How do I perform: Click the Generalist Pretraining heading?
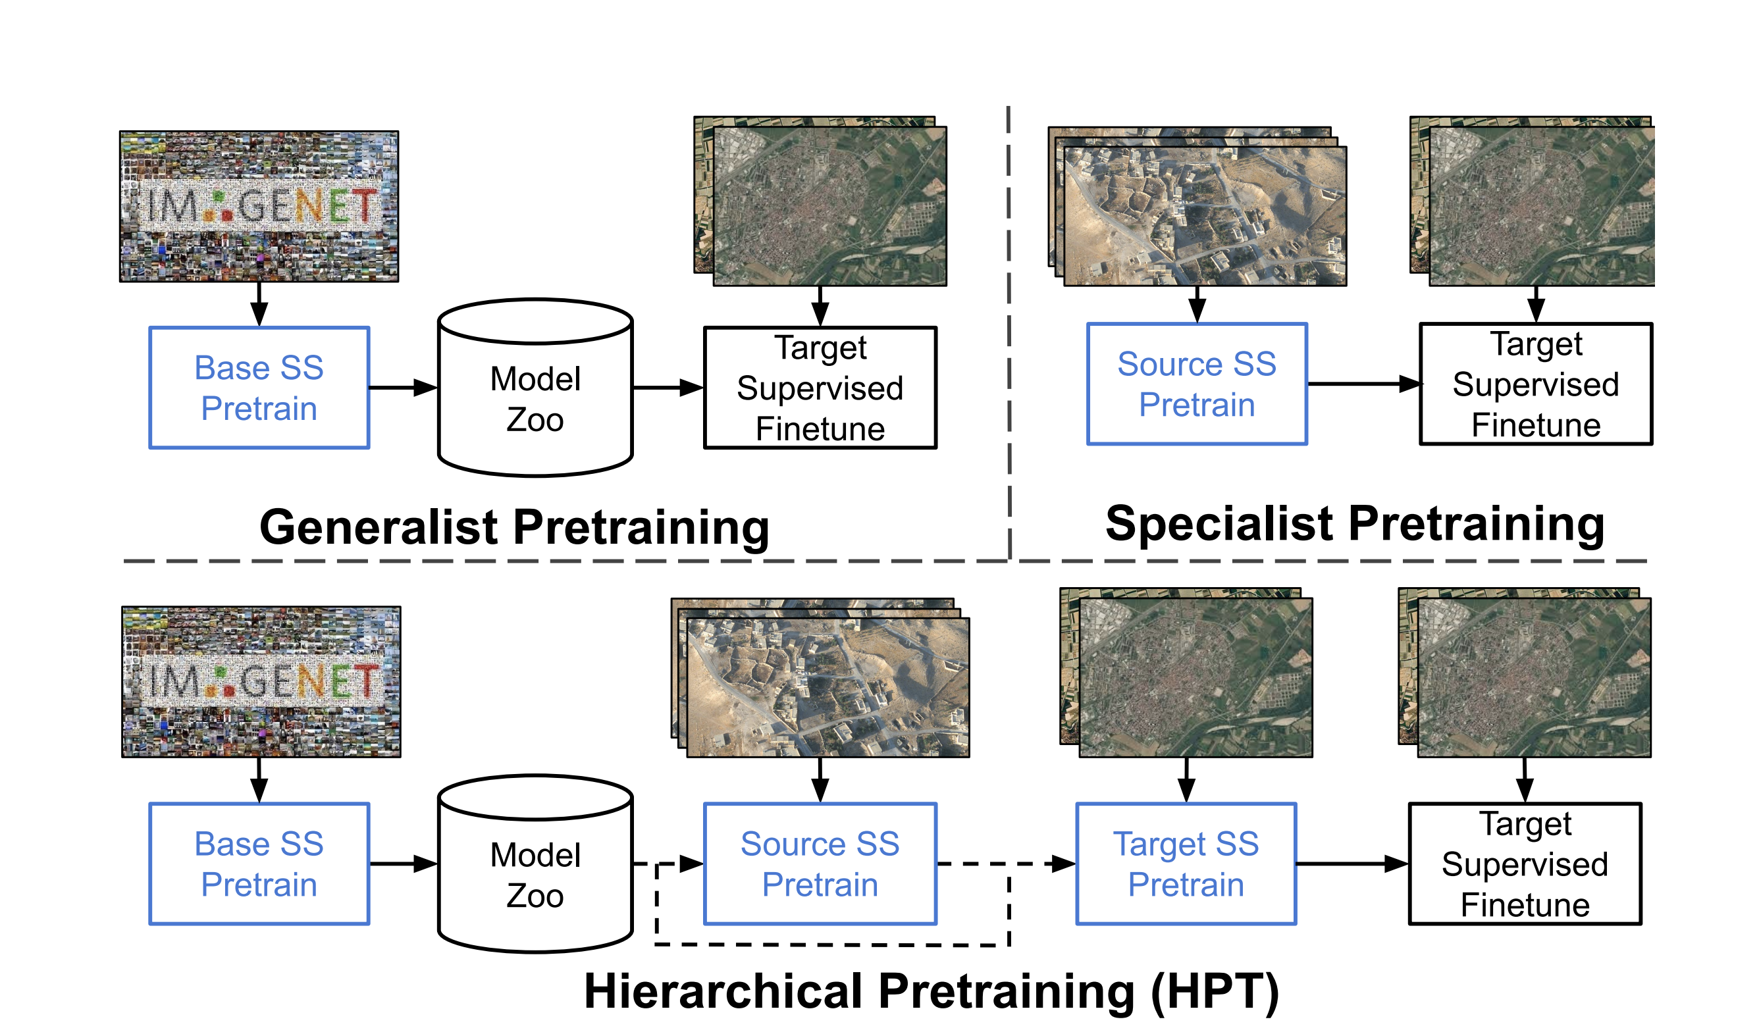tap(514, 527)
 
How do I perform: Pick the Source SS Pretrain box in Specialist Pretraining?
tap(1196, 384)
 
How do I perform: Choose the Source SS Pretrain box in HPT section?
tap(820, 864)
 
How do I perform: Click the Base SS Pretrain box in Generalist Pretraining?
tap(259, 388)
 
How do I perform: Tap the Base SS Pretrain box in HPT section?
tap(259, 864)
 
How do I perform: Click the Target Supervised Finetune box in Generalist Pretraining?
tap(820, 388)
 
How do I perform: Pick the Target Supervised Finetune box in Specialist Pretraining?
tap(1536, 384)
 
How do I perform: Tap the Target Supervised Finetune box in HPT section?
tap(1525, 864)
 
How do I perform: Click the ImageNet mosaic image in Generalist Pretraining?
tap(259, 207)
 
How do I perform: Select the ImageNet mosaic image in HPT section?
tap(261, 682)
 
